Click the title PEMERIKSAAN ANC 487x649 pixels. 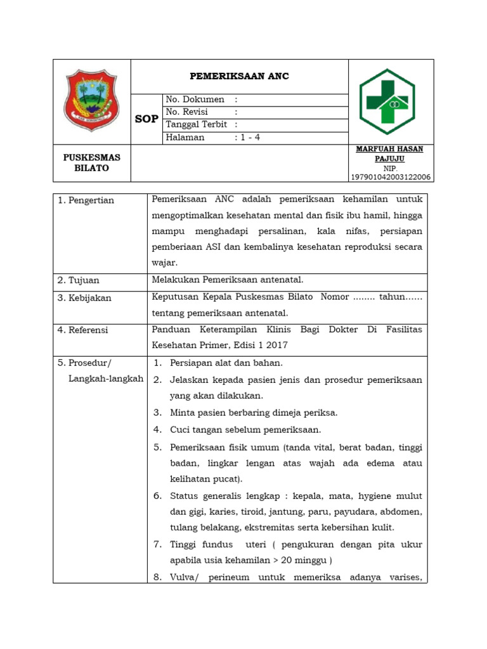[x=239, y=76]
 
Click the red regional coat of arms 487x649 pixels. [x=92, y=101]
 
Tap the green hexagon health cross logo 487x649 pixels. [x=387, y=101]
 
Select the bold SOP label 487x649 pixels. [x=146, y=119]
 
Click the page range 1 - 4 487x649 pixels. [x=249, y=138]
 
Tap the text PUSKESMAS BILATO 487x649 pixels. [x=92, y=163]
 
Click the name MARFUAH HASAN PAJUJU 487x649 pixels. [x=390, y=153]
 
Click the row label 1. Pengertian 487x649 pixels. [x=86, y=200]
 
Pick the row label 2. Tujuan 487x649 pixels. [x=79, y=280]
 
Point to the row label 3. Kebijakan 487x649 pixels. [x=84, y=298]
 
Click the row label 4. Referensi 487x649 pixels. [x=83, y=330]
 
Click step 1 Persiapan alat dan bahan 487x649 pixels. [x=226, y=363]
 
